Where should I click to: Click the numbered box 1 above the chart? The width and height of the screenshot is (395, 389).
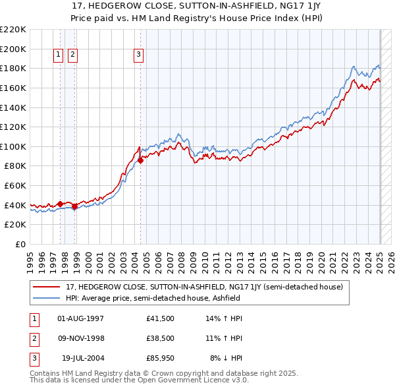[58, 55]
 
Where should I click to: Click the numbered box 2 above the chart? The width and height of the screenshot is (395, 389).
[72, 55]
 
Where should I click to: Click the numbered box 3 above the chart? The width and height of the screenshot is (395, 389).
[139, 55]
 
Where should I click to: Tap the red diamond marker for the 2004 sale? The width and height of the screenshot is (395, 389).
[141, 160]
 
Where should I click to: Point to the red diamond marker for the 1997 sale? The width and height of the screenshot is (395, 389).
[61, 204]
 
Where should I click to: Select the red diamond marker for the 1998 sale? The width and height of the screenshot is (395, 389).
[75, 206]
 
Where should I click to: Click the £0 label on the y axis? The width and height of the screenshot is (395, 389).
[20, 244]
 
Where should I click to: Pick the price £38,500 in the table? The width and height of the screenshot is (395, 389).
[160, 338]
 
